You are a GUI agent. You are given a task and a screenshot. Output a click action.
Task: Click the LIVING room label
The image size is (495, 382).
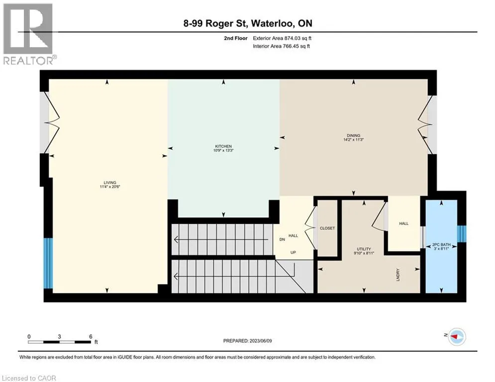pyautogui.click(x=110, y=183)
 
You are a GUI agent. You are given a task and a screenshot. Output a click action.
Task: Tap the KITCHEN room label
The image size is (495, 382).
pyautogui.click(x=223, y=146)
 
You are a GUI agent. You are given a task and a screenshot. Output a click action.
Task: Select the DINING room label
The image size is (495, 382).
pyautogui.click(x=354, y=135)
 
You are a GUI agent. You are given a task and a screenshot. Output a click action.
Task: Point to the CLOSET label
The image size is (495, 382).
pyautogui.click(x=327, y=228)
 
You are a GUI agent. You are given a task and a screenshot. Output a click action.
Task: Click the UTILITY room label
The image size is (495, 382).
pyautogui.click(x=364, y=249)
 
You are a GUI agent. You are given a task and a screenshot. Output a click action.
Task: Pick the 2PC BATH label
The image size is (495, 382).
pyautogui.click(x=441, y=245)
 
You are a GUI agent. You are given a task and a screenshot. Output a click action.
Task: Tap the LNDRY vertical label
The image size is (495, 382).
pyautogui.click(x=398, y=275)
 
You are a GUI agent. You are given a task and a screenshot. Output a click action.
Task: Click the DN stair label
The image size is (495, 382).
pyautogui.click(x=282, y=239)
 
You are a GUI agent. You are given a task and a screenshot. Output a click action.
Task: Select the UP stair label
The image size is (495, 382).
pyautogui.click(x=294, y=252)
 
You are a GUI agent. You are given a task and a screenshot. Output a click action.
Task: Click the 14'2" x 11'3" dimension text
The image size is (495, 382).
pyautogui.click(x=354, y=140)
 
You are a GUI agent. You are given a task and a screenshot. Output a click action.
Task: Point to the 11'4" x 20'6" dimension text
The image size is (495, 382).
pyautogui.click(x=110, y=187)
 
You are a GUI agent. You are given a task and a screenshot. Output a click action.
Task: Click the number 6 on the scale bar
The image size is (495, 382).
pyautogui.click(x=91, y=337)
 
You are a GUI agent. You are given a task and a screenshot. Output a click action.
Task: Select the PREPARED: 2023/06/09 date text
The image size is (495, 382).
pyautogui.click(x=248, y=341)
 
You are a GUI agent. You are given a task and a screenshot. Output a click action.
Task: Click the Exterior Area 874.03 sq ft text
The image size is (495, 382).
pyautogui.click(x=282, y=38)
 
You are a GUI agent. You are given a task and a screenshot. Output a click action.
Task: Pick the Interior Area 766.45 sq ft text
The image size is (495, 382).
pyautogui.click(x=281, y=46)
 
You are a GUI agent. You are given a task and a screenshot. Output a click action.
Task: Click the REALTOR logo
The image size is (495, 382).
pyautogui.click(x=29, y=34)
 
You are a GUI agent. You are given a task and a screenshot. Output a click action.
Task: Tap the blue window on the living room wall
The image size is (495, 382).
pyautogui.click(x=48, y=263)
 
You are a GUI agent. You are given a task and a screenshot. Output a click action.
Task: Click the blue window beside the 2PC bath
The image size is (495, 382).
pyautogui.click(x=462, y=234)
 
